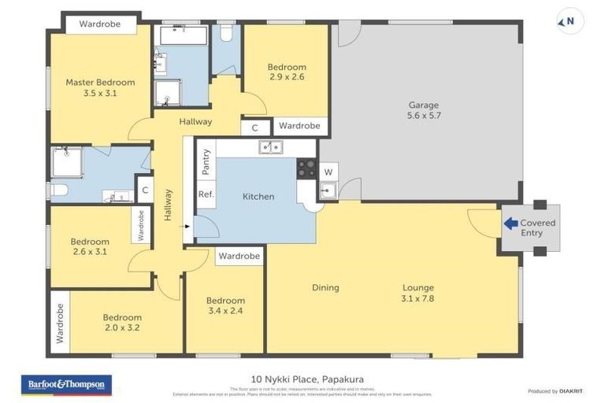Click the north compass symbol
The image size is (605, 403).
coord(570,21)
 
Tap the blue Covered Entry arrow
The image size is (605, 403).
coord(510,224)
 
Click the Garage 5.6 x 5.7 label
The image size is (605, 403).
coord(423,110)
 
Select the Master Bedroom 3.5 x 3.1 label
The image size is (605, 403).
coord(100,87)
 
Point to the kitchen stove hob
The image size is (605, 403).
coord(306,168)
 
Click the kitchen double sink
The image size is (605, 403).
coord(271,146)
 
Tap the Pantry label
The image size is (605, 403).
coord(206,165)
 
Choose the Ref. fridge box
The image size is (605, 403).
coord(206,194)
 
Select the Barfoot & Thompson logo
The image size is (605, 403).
coord(66,384)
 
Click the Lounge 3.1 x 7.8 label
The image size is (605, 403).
coord(417,293)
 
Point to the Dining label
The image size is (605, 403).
coord(325,287)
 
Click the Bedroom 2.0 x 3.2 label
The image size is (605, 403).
coord(122,323)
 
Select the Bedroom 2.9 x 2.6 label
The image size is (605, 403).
coord(287,72)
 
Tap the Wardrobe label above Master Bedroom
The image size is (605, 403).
coord(99,24)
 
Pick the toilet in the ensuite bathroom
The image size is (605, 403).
coord(59,190)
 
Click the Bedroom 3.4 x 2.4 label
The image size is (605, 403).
coord(225,305)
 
